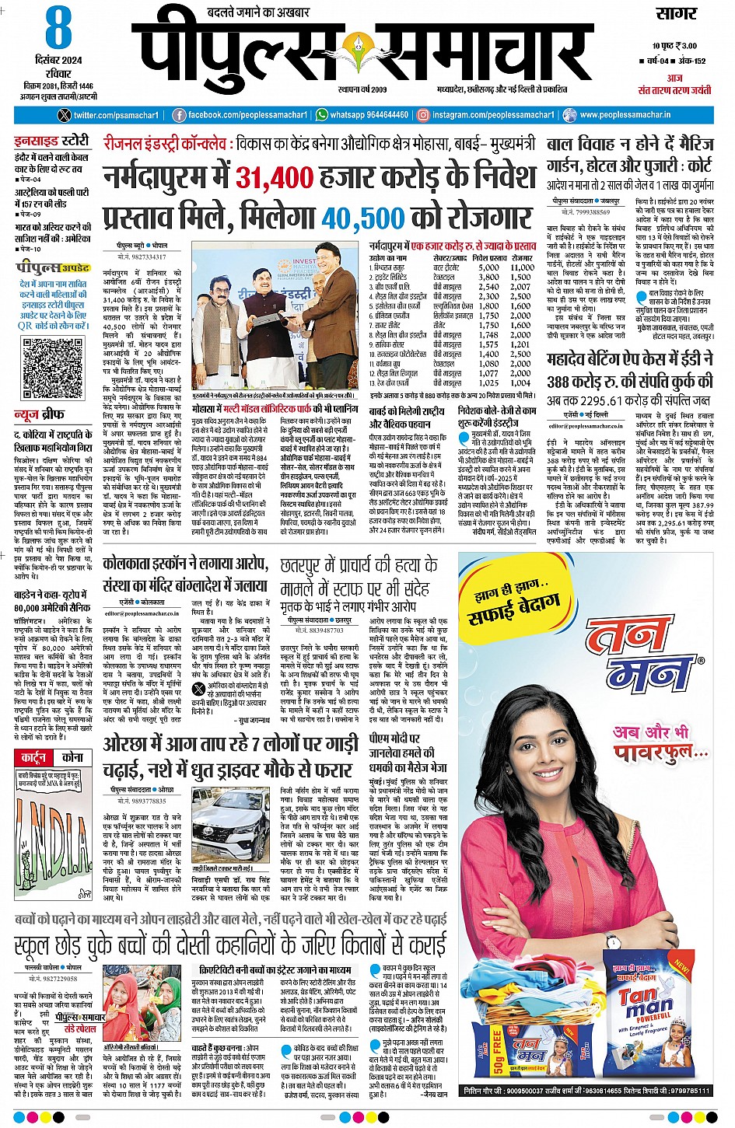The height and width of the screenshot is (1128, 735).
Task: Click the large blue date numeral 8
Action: coord(58,30)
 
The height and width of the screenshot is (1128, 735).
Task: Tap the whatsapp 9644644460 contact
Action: coord(362,115)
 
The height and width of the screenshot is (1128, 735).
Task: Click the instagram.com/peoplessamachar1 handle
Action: coord(486,115)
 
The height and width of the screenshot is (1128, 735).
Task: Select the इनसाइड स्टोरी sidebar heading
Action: coord(51,141)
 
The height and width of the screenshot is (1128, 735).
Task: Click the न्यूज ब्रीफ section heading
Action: coord(39,415)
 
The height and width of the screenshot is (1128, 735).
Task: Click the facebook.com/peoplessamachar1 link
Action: coord(239,115)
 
